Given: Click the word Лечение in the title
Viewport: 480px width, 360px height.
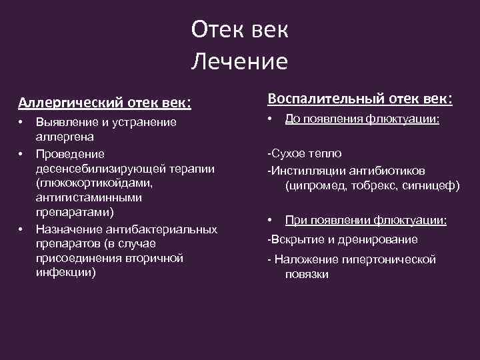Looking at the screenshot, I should [x=239, y=62].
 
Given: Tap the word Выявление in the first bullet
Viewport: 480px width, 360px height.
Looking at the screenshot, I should [x=65, y=122].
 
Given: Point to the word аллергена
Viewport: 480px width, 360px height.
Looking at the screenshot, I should [x=64, y=137].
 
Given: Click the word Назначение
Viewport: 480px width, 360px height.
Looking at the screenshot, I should [x=69, y=229].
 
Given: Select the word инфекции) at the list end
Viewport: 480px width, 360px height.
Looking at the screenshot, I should [x=66, y=272].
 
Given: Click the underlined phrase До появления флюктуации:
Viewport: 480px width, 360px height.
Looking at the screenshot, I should [x=362, y=119].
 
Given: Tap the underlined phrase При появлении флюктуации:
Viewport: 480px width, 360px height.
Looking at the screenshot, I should [x=365, y=220].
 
